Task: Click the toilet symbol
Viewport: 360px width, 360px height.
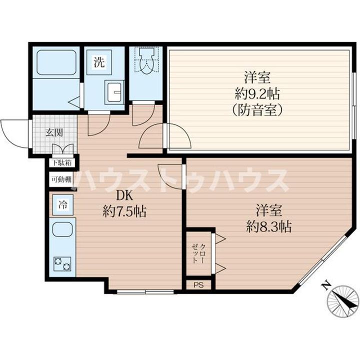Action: (146, 61)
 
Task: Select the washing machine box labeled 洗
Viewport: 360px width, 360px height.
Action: (99, 62)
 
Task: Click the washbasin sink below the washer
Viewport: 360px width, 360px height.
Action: (114, 91)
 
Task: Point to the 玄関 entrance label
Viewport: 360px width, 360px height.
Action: (54, 132)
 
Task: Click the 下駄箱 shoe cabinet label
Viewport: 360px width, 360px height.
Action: (61, 163)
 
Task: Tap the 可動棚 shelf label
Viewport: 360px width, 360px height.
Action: (61, 179)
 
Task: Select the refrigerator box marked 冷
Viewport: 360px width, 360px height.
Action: (62, 205)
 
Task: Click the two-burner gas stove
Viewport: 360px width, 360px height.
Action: (62, 264)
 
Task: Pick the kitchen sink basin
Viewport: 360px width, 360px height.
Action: (62, 229)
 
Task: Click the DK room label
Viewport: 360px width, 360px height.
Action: (124, 196)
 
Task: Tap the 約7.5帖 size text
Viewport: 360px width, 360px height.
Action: (124, 211)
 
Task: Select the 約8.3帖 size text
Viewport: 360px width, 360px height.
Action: (269, 226)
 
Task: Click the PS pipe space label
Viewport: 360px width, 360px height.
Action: (198, 285)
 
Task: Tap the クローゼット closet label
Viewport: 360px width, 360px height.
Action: (198, 253)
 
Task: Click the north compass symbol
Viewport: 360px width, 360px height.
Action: (343, 301)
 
